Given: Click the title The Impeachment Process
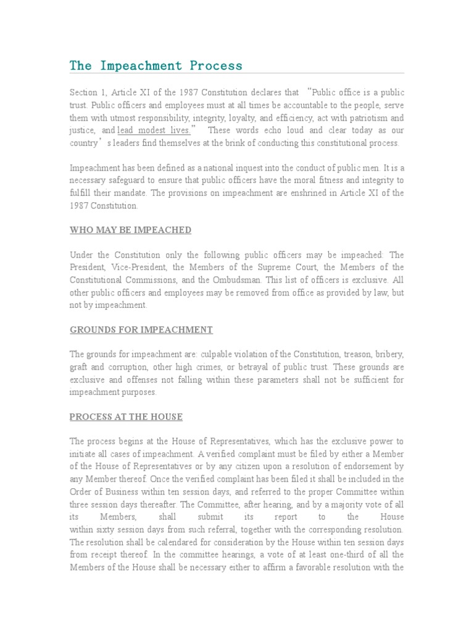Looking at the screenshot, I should pyautogui.click(x=156, y=66).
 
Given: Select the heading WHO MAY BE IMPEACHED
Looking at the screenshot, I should pyautogui.click(x=130, y=230).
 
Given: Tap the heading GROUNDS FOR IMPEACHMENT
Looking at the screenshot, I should pyautogui.click(x=141, y=329).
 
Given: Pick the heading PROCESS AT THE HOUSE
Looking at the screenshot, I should pyautogui.click(x=126, y=417).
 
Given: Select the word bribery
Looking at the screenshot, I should pyautogui.click(x=389, y=354).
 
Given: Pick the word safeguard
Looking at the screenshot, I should pyautogui.click(x=126, y=181).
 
